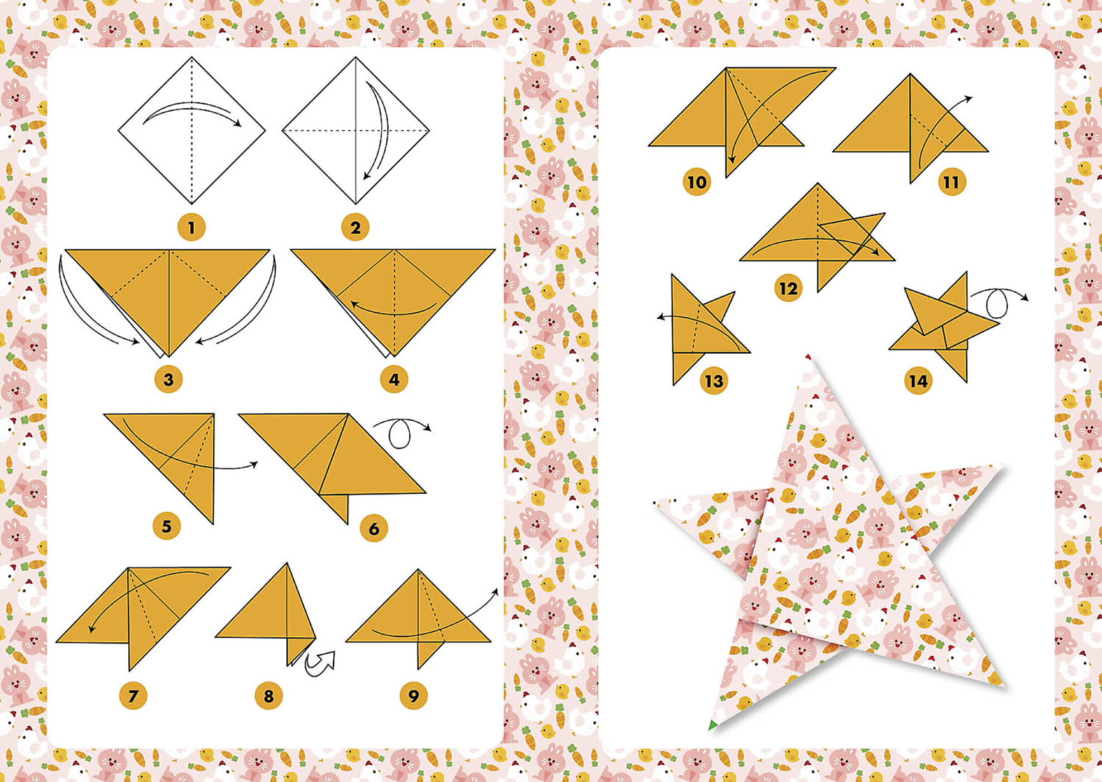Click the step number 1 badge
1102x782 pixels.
coord(191,228)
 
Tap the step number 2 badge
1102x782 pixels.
coord(355,228)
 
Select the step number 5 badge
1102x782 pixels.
coord(166,526)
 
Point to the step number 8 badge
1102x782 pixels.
coord(269,696)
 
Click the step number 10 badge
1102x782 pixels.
coord(697,182)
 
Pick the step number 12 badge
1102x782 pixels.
coord(788,289)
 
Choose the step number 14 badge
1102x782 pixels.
coord(918,381)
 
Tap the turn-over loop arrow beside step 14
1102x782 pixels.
coord(998,302)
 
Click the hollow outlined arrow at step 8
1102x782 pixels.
coord(321,663)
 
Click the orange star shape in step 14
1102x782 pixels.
coord(943,327)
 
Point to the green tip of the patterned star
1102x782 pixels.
coord(713,726)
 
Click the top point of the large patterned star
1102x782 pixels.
coord(809,357)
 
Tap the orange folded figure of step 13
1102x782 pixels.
coord(698,330)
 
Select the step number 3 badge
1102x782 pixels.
coord(168,380)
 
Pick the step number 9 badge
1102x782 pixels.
coord(413,696)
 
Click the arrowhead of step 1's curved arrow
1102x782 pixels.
coord(238,124)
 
